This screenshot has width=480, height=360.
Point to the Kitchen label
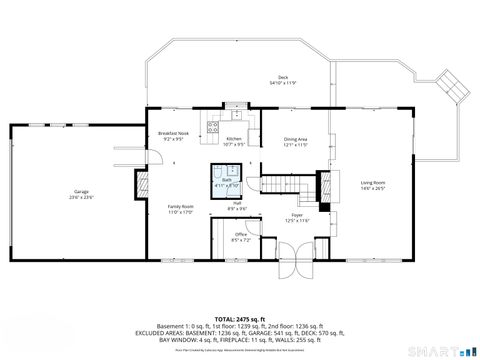[234, 138]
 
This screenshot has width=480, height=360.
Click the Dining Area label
[295, 139]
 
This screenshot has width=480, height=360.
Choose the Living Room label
[373, 182]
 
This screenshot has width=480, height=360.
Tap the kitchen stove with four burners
[212, 127]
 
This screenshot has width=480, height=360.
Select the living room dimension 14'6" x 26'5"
[373, 188]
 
